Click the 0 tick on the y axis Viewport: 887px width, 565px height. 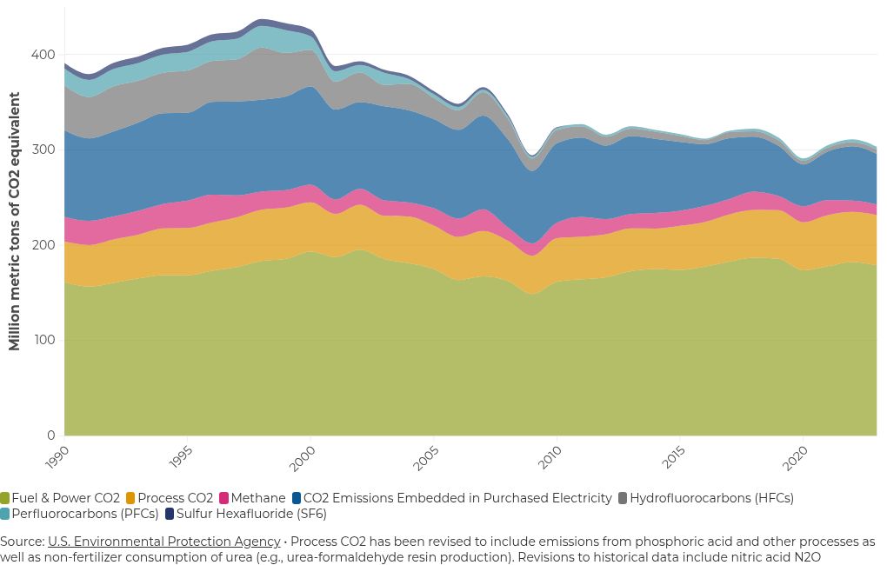(x=51, y=435)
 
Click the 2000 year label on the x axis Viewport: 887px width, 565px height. (x=302, y=458)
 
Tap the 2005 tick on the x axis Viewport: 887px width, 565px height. (x=425, y=458)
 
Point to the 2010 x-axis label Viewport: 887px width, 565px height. (x=549, y=458)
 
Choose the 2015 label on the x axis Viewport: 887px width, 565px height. (x=672, y=458)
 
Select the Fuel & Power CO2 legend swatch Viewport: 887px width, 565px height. (x=5, y=498)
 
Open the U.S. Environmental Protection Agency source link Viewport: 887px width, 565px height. (x=163, y=542)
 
